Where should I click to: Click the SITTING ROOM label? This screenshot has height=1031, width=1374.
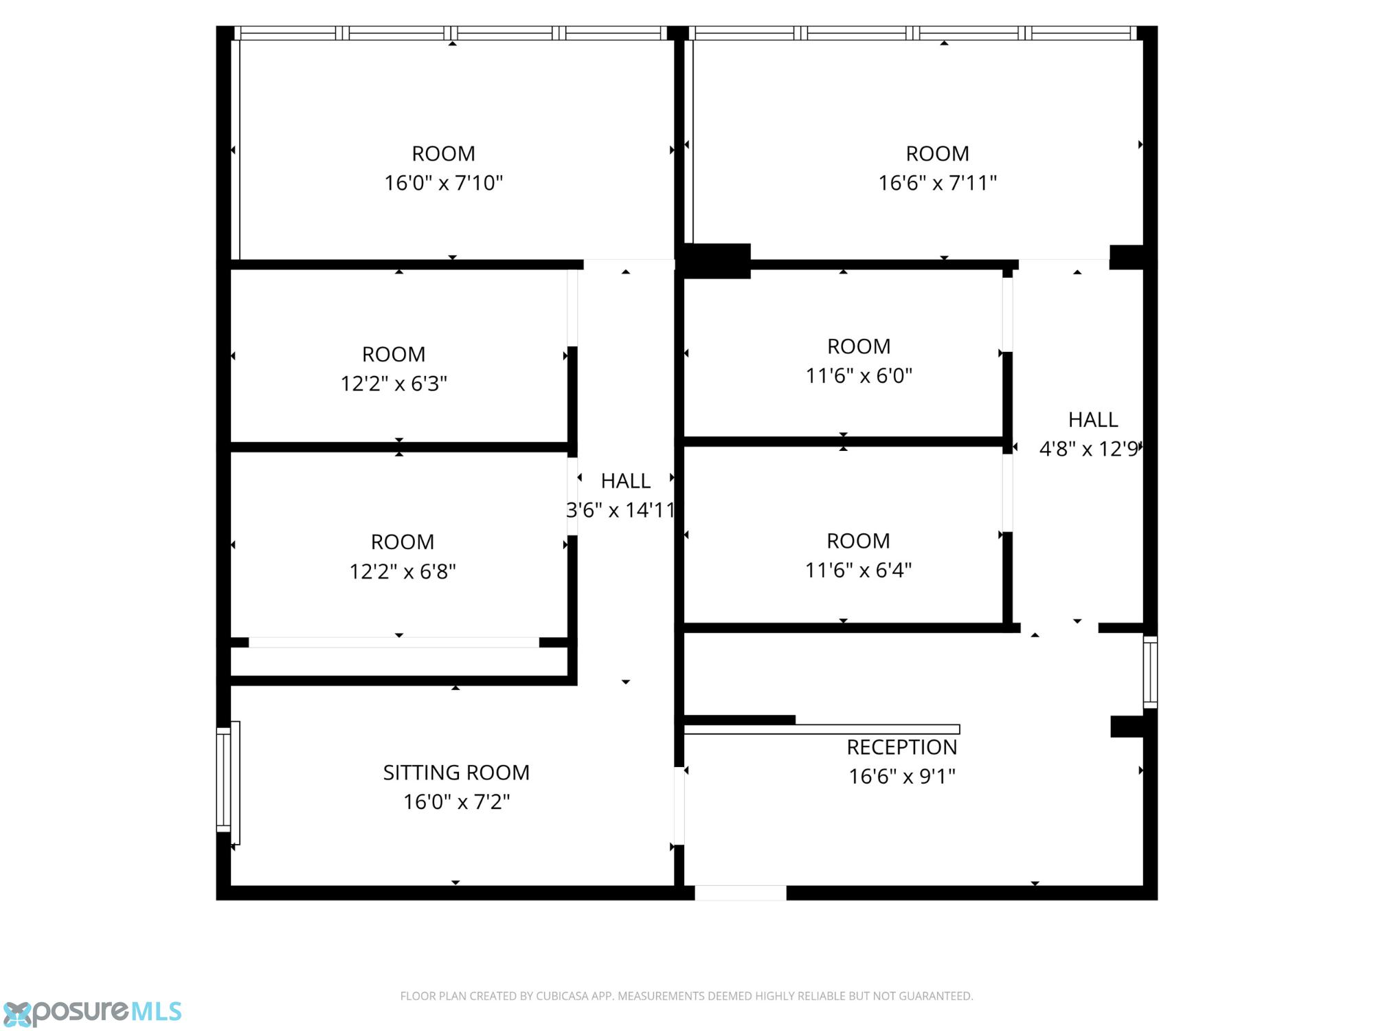456,773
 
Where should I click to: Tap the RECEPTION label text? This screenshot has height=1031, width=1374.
901,747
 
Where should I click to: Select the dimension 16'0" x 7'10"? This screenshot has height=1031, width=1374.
444,183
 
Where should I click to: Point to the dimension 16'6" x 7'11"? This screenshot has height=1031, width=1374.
938,183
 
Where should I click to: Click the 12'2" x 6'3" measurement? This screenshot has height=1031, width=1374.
394,384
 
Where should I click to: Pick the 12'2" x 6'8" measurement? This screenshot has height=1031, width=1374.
403,572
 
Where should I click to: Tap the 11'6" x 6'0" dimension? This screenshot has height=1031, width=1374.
859,376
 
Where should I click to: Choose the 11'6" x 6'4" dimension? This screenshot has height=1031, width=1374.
858,570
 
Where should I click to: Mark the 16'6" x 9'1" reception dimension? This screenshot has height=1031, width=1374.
902,777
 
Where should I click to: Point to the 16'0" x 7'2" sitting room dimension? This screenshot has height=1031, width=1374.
456,802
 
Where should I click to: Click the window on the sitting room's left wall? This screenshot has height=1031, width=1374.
228,783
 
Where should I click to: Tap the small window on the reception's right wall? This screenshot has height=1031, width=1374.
1150,672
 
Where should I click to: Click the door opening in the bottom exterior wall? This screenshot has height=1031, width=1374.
741,893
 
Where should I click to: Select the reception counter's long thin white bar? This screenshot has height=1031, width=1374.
822,729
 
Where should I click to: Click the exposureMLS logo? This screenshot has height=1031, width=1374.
91,1012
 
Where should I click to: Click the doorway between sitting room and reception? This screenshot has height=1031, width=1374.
679,806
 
